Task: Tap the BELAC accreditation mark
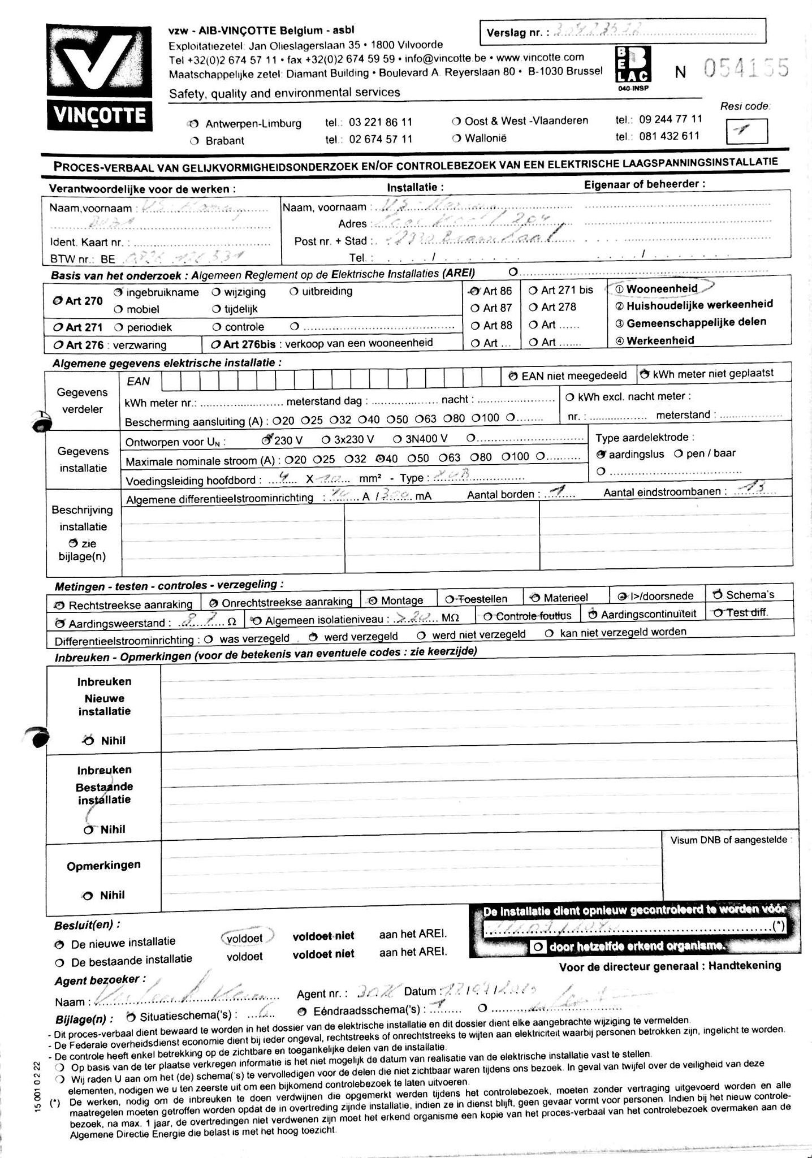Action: coord(633,67)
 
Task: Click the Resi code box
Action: coord(746,131)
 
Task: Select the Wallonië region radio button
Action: coord(456,139)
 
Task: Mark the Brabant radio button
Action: coord(195,141)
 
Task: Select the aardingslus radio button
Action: coord(602,454)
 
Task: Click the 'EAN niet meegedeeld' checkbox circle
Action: coord(513,376)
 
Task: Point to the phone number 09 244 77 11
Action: coord(671,119)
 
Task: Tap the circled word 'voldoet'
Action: coord(245,938)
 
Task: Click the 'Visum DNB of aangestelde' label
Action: coord(728,840)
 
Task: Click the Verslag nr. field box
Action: coord(622,32)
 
